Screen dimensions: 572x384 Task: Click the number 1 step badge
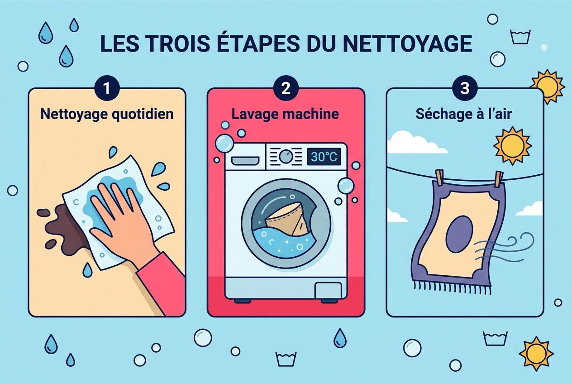[106, 88]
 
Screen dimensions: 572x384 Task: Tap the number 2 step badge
[286, 88]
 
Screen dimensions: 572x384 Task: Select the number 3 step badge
[465, 88]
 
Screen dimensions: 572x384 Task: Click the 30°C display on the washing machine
[324, 157]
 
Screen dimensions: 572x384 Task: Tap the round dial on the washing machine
[285, 157]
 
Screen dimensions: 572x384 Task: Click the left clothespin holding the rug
[439, 178]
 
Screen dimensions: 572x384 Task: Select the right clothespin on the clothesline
[498, 178]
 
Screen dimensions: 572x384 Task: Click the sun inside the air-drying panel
[511, 145]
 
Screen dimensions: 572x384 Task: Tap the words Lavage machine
[285, 114]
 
